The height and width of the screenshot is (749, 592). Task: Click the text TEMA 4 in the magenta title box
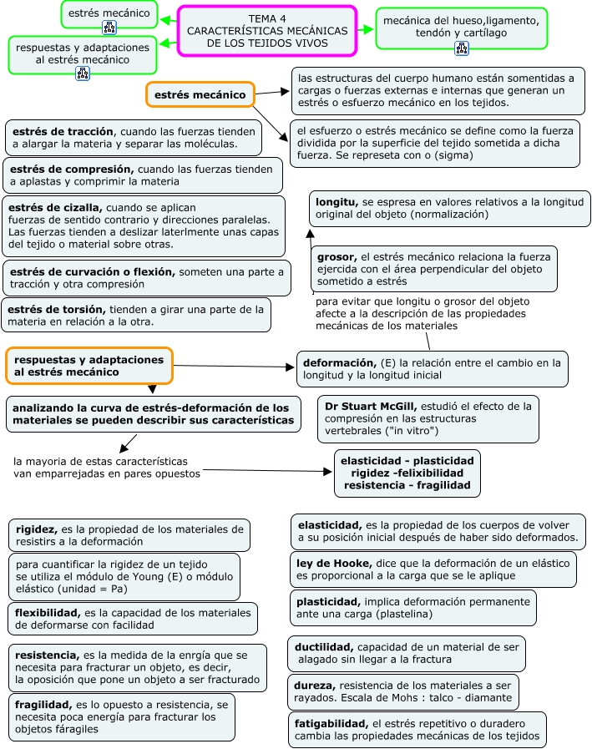[266, 18]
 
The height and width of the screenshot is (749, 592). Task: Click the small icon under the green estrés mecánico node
[109, 29]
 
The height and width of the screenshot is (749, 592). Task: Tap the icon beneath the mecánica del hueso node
[462, 48]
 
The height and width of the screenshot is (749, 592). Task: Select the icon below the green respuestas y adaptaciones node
[82, 73]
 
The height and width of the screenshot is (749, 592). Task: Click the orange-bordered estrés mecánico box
[200, 94]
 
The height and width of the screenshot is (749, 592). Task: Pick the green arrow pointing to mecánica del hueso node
[367, 29]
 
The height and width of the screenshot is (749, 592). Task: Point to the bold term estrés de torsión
[56, 309]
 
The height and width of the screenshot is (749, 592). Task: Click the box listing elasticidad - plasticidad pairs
[407, 473]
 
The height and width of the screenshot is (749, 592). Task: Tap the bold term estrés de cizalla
[56, 207]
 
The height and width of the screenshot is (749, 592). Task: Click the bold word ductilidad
[325, 647]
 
